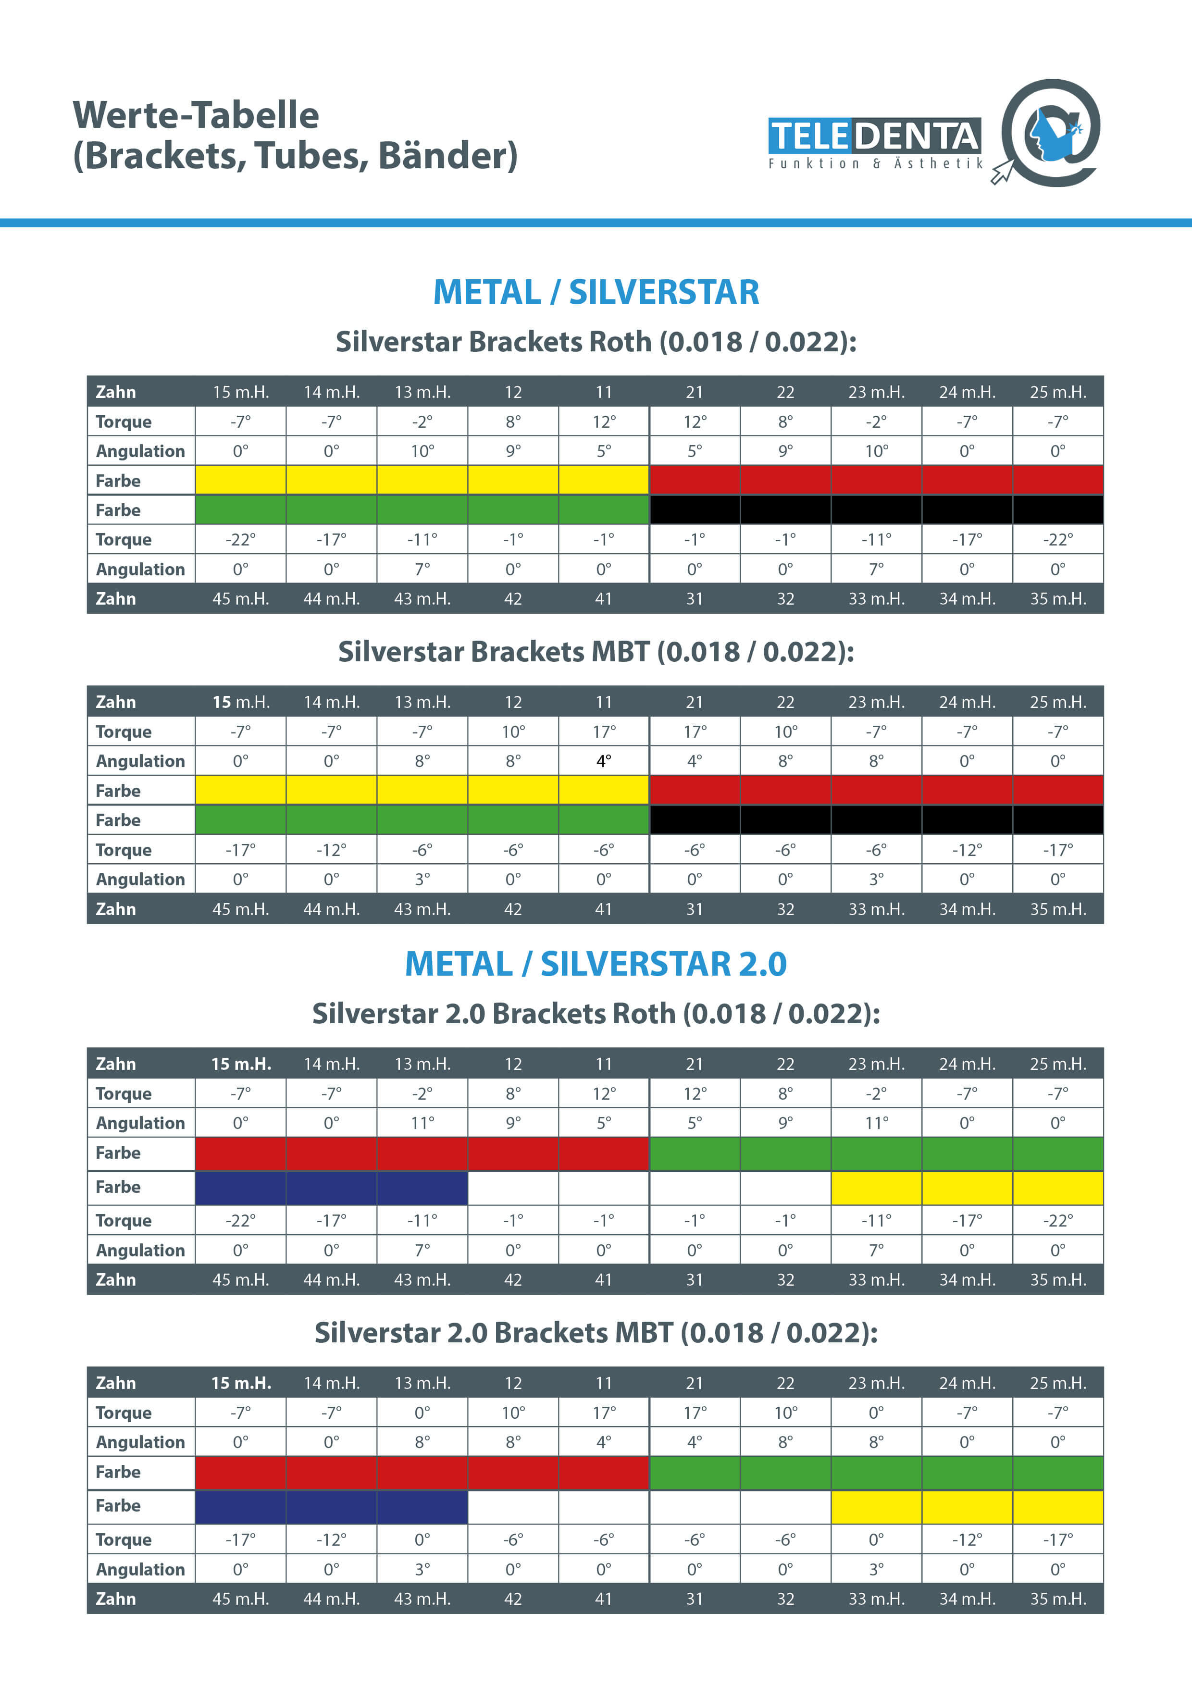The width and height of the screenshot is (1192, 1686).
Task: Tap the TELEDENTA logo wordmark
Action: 874,136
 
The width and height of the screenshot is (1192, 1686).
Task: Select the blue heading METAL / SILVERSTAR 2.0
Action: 596,964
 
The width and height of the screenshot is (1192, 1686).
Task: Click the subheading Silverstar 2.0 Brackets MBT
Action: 596,1332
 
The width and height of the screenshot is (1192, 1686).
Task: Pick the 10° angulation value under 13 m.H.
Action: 422,451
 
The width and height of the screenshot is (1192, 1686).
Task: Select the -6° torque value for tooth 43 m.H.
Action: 422,850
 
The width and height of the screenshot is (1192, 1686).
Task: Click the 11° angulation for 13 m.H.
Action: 422,1123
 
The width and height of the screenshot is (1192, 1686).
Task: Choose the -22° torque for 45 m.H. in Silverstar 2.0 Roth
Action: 241,1220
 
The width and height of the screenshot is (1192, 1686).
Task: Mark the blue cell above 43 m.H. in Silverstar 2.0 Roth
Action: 422,1188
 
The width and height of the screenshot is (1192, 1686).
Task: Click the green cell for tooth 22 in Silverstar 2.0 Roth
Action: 785,1153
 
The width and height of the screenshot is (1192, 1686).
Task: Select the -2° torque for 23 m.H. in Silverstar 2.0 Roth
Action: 876,1093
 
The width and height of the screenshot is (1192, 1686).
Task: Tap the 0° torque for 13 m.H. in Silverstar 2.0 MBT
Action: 422,1412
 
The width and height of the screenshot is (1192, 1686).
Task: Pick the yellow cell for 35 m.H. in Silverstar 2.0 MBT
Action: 1057,1507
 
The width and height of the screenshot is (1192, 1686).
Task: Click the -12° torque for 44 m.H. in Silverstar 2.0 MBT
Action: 331,1539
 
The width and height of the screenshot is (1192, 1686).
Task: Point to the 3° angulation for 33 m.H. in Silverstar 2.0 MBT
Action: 876,1569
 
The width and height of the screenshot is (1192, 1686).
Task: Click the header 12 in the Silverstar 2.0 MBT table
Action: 513,1383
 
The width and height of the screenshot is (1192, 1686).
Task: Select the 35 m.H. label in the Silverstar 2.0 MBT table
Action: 1057,1599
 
